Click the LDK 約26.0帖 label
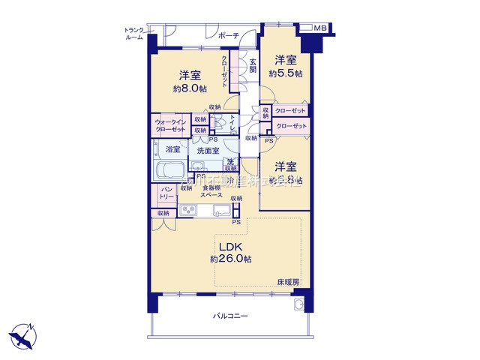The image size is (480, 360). (x=230, y=252)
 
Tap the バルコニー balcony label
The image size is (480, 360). (x=229, y=316)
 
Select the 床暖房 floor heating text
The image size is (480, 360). (x=286, y=282)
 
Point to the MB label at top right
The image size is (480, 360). (x=320, y=28)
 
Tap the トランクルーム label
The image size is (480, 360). (x=136, y=34)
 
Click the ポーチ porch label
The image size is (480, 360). (x=229, y=35)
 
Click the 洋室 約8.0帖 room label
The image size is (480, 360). (x=189, y=81)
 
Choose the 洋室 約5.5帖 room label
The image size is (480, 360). (x=287, y=66)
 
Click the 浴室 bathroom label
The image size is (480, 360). (x=172, y=150)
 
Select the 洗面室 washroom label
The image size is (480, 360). (x=208, y=150)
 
